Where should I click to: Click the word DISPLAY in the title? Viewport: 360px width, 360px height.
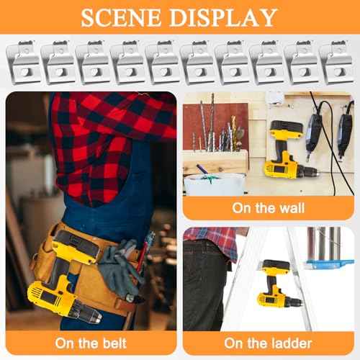[x=229, y=17]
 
